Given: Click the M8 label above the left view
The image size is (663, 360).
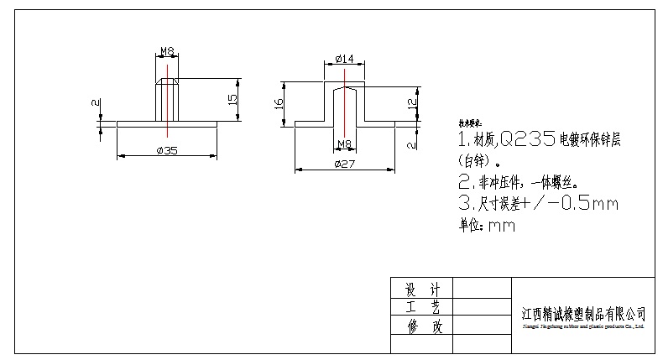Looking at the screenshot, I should pos(167,51).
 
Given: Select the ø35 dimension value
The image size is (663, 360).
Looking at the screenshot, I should pos(167,151).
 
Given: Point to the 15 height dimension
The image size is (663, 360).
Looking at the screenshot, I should pos(233,99).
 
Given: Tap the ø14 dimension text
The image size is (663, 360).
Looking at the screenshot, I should pos(344,58).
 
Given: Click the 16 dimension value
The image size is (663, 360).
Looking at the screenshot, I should pos(279,103).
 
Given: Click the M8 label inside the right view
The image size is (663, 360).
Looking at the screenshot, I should pos(343,143).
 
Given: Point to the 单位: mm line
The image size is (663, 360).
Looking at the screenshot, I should pos(486,225).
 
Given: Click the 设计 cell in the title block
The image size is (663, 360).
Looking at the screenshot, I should pos(422,290).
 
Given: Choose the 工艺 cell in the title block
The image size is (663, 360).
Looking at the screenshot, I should pos(422,308).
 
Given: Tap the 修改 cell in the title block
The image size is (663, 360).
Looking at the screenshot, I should pos(422,326).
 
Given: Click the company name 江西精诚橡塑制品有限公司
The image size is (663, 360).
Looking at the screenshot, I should pos(583,313).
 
